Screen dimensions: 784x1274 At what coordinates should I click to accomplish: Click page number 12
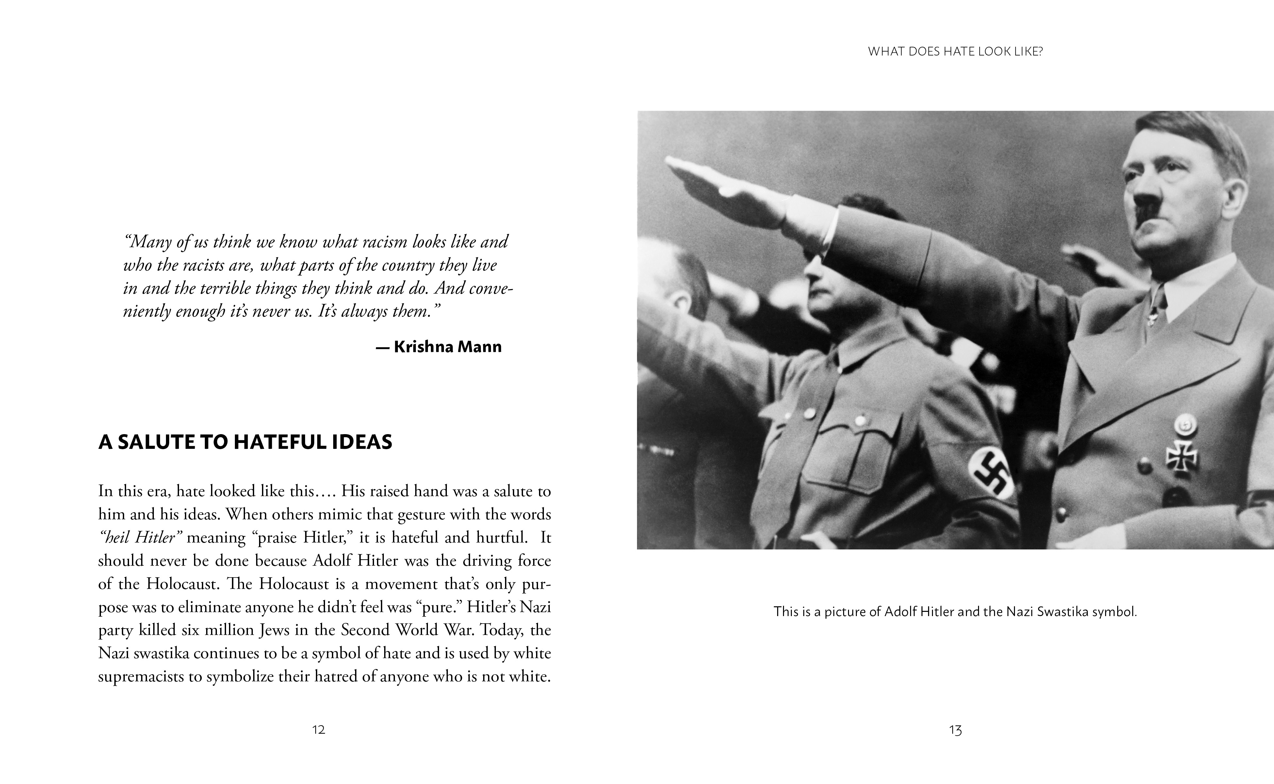318,729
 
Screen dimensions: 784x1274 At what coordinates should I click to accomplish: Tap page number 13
955,730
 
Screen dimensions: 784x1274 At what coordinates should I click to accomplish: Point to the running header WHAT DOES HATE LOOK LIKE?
955,52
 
